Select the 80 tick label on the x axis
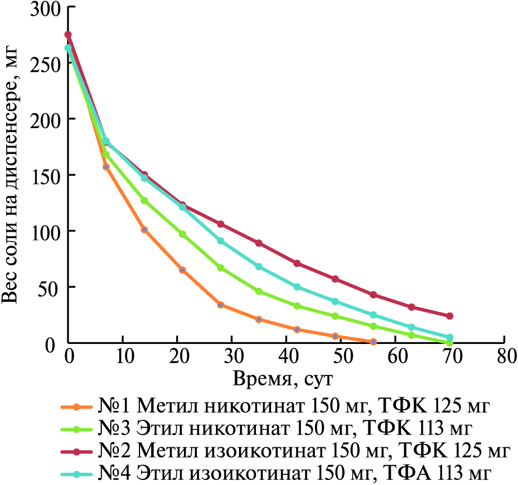point(505,357)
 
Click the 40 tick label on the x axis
point(286,357)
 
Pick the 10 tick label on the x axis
point(123,357)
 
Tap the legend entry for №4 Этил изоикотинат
point(282,473)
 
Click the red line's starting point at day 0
point(68,35)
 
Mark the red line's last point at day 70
point(450,316)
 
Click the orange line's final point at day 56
point(373,342)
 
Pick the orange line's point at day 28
point(221,305)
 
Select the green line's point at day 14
point(145,201)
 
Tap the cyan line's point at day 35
point(259,266)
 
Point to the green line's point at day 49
point(335,316)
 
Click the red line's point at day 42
point(297,264)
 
